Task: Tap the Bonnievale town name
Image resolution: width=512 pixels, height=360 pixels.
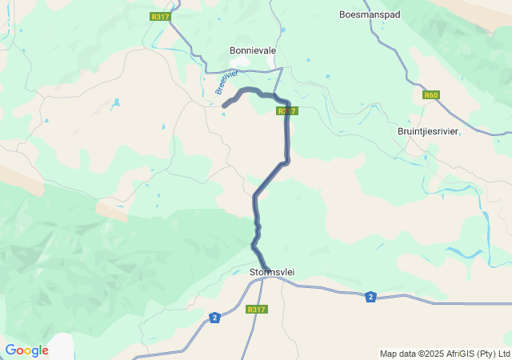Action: tap(253, 50)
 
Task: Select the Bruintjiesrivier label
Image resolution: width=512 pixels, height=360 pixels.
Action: tap(428, 131)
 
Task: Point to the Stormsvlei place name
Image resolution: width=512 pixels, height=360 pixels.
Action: tap(272, 272)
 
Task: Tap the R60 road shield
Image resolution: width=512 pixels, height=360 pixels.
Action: tap(431, 95)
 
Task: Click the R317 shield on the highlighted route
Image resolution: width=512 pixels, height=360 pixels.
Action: tap(288, 111)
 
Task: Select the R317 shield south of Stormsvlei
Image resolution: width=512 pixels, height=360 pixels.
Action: tap(256, 310)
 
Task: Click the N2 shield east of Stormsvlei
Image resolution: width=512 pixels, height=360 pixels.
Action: tap(370, 297)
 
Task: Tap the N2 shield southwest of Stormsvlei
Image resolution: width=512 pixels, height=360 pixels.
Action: tap(214, 318)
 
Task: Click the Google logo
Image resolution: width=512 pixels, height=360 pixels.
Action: tap(26, 350)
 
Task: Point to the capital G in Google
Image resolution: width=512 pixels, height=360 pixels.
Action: tap(10, 350)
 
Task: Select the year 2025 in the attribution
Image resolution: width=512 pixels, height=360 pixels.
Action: tap(430, 354)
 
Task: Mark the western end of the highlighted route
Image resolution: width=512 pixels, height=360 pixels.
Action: tap(225, 104)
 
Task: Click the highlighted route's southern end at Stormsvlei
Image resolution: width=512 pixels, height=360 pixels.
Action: tap(267, 269)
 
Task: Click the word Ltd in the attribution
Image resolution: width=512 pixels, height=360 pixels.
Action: tap(503, 354)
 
